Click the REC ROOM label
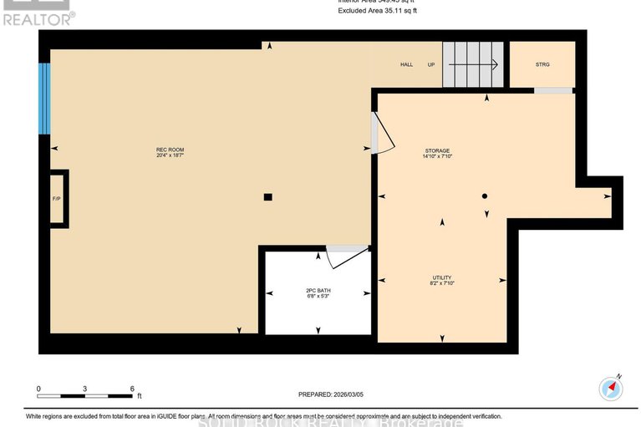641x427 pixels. (x=169, y=151)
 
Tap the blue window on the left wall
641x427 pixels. (x=45, y=98)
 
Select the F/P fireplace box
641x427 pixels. (x=57, y=199)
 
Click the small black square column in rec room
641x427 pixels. (x=267, y=197)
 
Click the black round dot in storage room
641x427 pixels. (x=484, y=196)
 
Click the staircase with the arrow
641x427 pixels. (x=473, y=64)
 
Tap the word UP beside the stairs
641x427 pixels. (x=431, y=64)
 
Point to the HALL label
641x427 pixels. (x=406, y=64)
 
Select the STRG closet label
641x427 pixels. (x=542, y=64)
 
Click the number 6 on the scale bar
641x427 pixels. (x=132, y=389)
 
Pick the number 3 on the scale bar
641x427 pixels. (x=85, y=389)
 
